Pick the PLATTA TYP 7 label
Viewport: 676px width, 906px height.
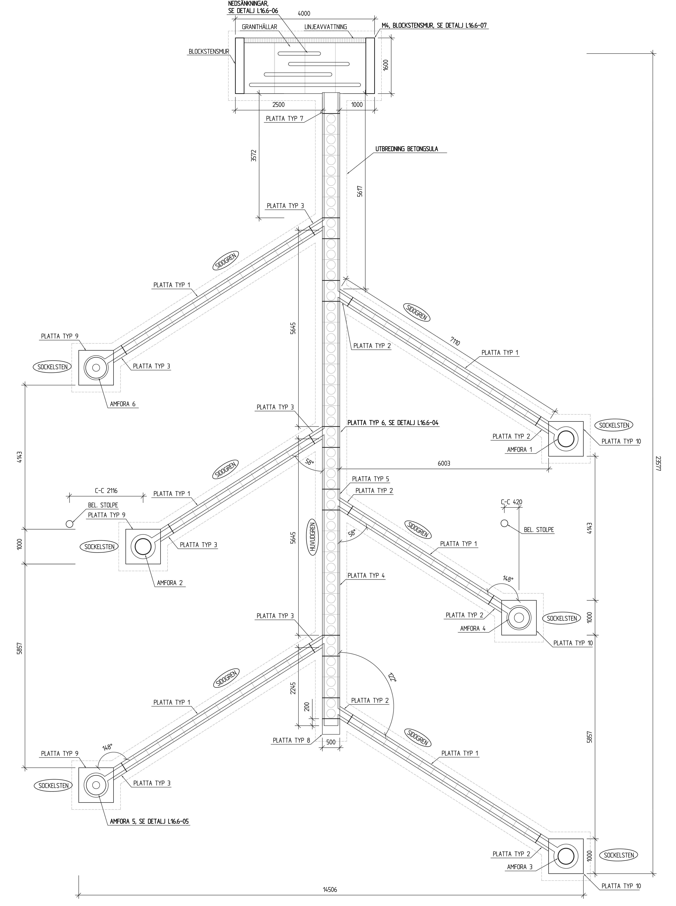(x=284, y=119)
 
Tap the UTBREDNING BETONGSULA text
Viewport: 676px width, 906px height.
(x=406, y=149)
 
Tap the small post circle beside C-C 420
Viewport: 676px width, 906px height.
(x=504, y=523)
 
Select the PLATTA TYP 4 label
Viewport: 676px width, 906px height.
(x=366, y=575)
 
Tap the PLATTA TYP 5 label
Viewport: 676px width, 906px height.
(x=370, y=479)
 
